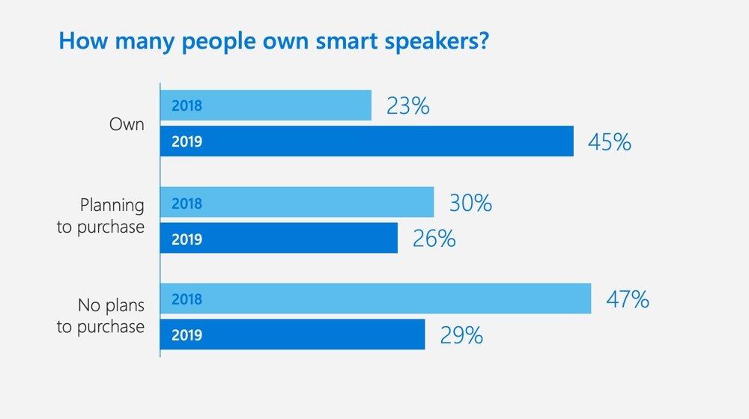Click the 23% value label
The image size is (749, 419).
[x=408, y=105]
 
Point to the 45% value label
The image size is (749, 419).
[x=610, y=141]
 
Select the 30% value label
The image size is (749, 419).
[x=470, y=203]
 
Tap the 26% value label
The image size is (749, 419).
[x=434, y=239]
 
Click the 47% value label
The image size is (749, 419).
[x=628, y=299]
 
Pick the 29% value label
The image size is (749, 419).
[x=461, y=335]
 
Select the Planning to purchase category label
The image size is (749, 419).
[x=100, y=216]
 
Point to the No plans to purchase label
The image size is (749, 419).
[x=100, y=316]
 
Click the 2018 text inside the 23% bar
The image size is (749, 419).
[x=187, y=105]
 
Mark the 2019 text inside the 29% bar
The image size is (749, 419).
[x=187, y=335]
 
